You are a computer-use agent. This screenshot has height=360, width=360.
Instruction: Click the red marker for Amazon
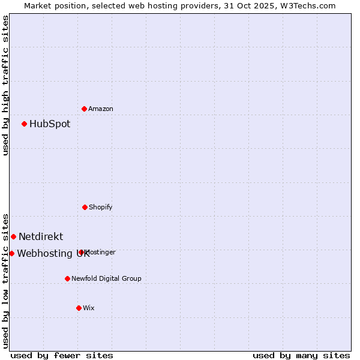pos(85,109)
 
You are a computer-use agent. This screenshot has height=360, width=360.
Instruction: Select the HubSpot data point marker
pos(25,124)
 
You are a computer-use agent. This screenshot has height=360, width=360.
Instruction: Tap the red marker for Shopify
pos(85,207)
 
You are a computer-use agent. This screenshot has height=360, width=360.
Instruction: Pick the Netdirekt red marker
pos(13,236)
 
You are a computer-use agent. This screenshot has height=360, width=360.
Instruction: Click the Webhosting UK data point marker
pos(11,253)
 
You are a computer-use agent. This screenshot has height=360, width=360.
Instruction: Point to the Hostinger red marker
pos(81,252)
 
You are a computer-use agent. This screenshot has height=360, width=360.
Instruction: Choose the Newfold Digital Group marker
pos(67,278)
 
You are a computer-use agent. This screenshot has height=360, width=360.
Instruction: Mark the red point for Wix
pos(79,308)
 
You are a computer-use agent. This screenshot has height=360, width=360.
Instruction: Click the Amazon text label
pos(101,109)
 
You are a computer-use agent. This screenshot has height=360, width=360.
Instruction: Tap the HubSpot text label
pos(50,124)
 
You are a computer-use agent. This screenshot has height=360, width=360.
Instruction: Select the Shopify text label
pos(101,207)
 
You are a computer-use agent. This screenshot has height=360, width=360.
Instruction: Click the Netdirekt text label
pos(41,236)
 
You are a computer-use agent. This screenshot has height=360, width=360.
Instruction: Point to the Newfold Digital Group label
pos(106,278)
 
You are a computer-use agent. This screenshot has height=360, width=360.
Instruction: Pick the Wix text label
pos(89,308)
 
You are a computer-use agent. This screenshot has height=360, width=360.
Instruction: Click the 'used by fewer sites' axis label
pos(62,355)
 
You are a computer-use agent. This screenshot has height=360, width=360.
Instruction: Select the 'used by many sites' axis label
pos(301,355)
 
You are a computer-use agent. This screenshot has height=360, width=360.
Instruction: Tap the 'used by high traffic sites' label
pos(5,85)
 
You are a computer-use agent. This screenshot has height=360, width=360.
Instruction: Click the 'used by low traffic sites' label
pos(5,280)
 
